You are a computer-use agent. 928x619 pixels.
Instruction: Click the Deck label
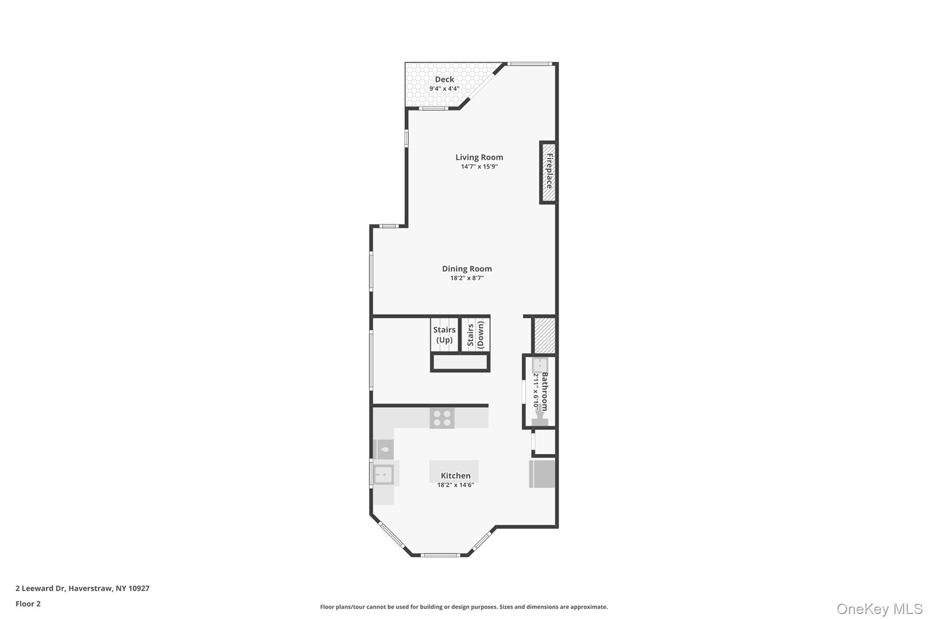(x=445, y=79)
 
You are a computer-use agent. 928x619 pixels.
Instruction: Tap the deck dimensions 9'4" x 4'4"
(x=445, y=89)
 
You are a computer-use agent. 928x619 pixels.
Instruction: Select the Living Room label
(x=479, y=158)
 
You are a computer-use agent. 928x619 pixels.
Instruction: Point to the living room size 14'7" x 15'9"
(x=479, y=166)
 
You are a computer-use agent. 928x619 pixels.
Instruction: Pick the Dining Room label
(x=467, y=269)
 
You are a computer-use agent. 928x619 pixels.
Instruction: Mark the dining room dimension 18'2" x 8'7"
(x=467, y=278)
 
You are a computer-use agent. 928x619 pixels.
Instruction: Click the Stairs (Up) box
(x=445, y=335)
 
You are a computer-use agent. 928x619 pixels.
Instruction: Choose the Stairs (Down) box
(x=475, y=335)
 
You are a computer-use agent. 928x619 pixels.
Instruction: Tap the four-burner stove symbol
(x=442, y=418)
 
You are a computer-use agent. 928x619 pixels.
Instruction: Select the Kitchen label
(x=456, y=476)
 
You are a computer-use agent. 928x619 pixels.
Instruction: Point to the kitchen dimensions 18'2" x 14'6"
(x=456, y=485)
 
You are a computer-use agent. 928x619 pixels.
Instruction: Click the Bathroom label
(x=545, y=391)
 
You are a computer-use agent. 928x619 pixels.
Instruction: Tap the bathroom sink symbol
(x=540, y=365)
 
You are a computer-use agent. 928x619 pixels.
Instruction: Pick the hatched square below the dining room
(x=545, y=335)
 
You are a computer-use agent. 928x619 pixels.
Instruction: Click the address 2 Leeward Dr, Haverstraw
(x=82, y=589)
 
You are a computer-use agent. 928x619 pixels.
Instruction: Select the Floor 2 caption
(x=28, y=604)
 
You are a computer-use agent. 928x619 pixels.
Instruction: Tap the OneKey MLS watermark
(x=880, y=609)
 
